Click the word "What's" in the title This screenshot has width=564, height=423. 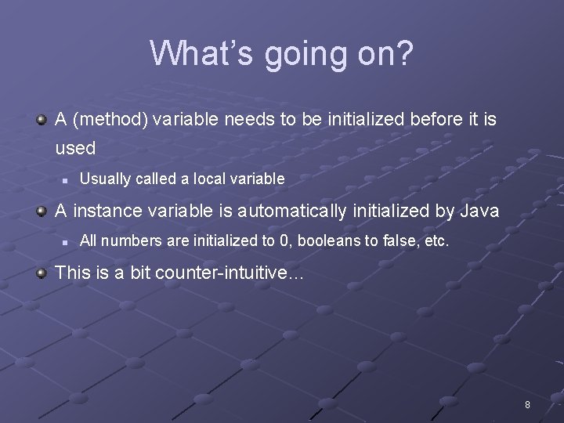[201, 53]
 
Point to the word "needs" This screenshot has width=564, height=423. [245, 120]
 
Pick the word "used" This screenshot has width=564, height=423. [75, 148]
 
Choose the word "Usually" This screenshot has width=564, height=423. [105, 179]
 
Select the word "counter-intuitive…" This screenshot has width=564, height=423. [230, 273]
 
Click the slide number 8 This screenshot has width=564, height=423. [527, 405]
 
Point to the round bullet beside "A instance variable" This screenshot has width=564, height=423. [41, 210]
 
